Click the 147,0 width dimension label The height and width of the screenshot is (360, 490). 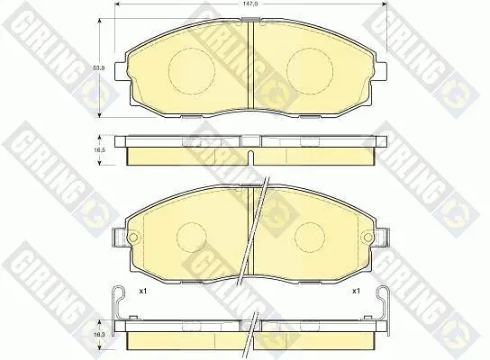pyautogui.click(x=250, y=5)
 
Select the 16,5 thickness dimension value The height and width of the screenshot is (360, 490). pyautogui.click(x=99, y=150)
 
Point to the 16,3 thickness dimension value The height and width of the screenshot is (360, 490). pyautogui.click(x=99, y=335)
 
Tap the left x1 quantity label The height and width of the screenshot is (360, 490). pyautogui.click(x=143, y=291)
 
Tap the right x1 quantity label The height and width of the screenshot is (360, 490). pyautogui.click(x=356, y=291)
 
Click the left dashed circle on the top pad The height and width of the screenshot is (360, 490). pyautogui.click(x=168, y=71)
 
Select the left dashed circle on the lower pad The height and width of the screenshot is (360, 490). pyautogui.click(x=177, y=238)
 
